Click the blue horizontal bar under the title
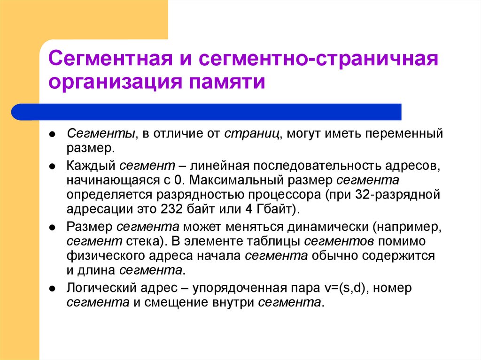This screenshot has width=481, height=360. click(x=207, y=112)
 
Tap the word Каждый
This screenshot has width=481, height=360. click(x=91, y=166)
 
